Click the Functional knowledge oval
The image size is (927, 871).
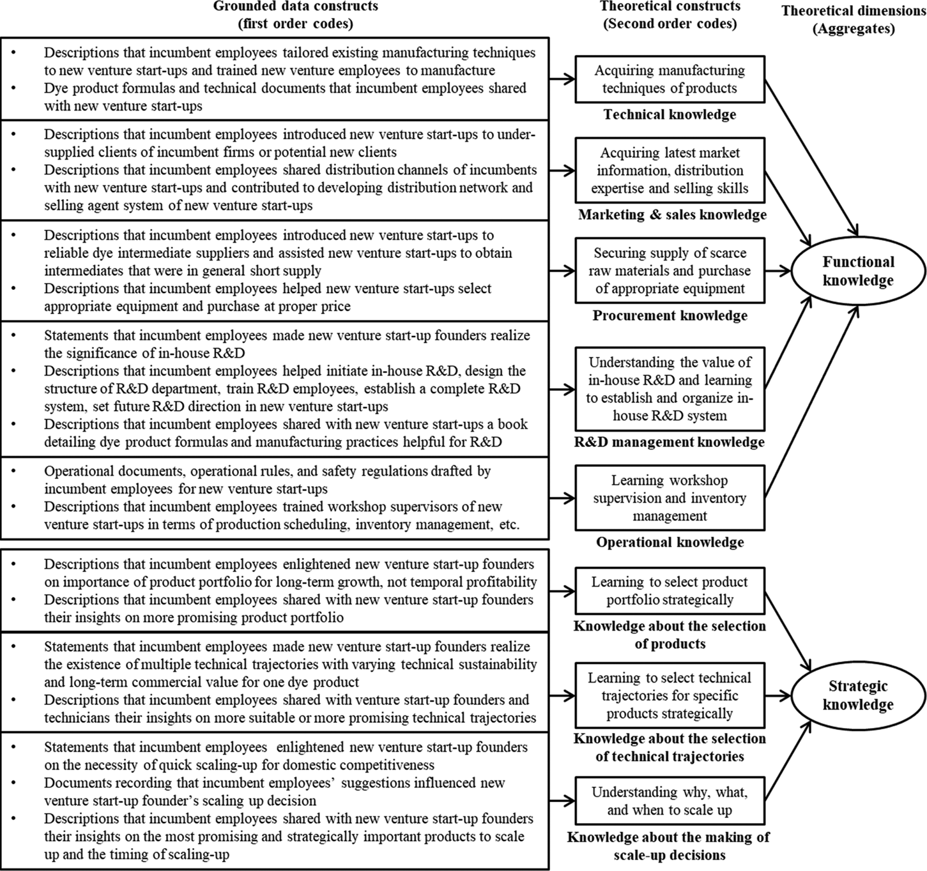[858, 271]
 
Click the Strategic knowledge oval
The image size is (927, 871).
[858, 695]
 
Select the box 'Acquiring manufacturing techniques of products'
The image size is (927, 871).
[670, 80]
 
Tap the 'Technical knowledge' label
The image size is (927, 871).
[670, 115]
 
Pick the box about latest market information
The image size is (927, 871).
[670, 170]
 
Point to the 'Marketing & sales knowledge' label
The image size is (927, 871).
[672, 215]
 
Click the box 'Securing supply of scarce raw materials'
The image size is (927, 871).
[670, 271]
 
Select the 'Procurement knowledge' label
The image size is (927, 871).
[670, 315]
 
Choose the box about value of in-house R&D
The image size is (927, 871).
[670, 389]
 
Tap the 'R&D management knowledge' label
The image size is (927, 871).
[670, 442]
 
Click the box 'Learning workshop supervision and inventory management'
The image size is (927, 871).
[670, 498]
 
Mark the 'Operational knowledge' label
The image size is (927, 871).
[670, 542]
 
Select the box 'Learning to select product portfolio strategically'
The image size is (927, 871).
[670, 591]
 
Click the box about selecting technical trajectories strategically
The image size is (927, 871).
[670, 695]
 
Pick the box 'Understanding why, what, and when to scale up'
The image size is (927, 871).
[670, 801]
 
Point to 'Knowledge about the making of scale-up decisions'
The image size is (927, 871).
[669, 846]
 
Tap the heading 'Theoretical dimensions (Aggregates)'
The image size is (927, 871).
[854, 20]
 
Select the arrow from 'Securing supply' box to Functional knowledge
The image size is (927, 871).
[778, 271]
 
